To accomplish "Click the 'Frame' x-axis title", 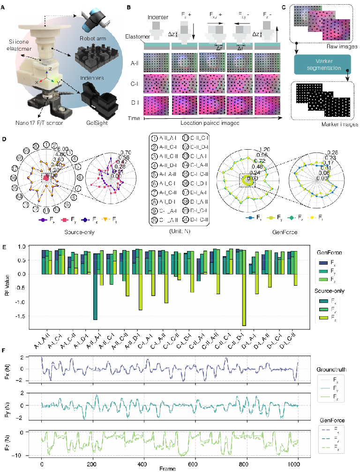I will (167, 468).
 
